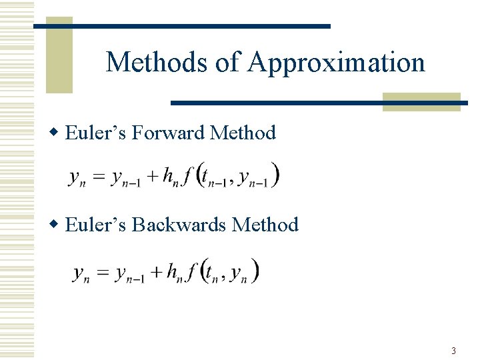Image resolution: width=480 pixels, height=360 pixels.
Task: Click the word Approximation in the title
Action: (x=336, y=63)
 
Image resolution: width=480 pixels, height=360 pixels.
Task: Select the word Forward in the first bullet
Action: (x=169, y=133)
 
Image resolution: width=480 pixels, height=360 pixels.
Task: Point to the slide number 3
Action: (x=453, y=351)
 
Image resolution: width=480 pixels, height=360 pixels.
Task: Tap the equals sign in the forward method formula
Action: (x=99, y=177)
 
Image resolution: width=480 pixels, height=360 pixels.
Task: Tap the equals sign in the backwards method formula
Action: (x=103, y=272)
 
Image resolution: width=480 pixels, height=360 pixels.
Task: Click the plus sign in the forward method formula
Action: (x=153, y=177)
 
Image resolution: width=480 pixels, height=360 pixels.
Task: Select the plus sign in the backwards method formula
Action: (x=157, y=271)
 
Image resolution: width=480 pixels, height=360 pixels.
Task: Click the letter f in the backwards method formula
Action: (x=192, y=271)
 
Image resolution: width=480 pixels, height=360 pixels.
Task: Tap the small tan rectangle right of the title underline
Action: (x=421, y=101)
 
